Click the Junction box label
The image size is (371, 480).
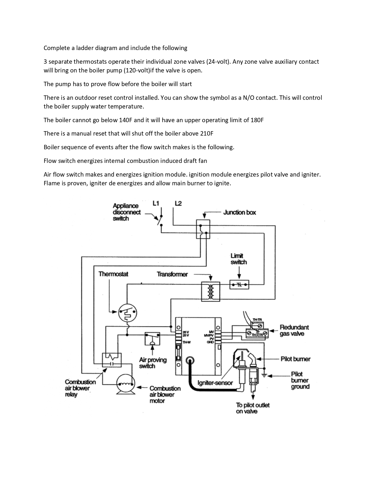(x=239, y=212)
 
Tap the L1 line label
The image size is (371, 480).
(x=156, y=203)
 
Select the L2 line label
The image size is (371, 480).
(x=178, y=203)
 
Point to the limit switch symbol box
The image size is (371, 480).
(x=239, y=285)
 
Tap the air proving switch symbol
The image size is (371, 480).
(x=152, y=339)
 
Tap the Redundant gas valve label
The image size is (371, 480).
(x=294, y=330)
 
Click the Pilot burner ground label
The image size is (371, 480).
(x=300, y=380)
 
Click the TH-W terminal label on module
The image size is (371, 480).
(x=187, y=342)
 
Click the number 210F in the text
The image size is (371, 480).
(x=207, y=134)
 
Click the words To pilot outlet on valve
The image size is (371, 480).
(x=253, y=408)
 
